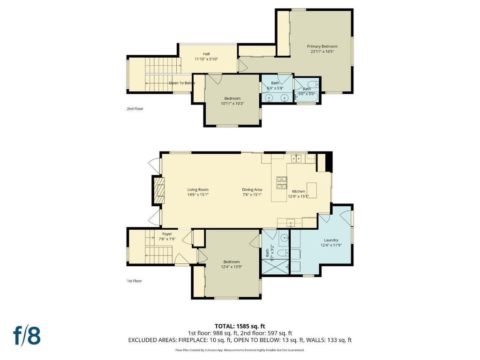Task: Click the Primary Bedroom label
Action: coord(322,46)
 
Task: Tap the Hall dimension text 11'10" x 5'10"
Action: coord(206,59)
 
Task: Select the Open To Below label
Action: coord(182,83)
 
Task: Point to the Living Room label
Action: coord(198,189)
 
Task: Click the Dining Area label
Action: coord(252,189)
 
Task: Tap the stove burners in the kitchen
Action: coord(282,183)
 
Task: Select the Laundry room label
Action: coord(331,240)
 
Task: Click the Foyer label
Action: coord(167,234)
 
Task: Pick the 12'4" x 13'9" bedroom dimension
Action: coord(232,267)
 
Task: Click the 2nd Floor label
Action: coord(135,109)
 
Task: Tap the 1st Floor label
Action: coord(135,281)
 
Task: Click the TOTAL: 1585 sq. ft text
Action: coord(240,326)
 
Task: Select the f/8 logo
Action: coord(27,336)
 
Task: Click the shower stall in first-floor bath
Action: coord(276,267)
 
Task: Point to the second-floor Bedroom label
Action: coord(232,98)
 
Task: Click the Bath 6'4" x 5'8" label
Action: coord(275,85)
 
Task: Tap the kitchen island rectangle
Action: coord(312,190)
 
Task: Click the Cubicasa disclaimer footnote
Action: coord(240,350)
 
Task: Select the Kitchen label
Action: coord(298,191)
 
